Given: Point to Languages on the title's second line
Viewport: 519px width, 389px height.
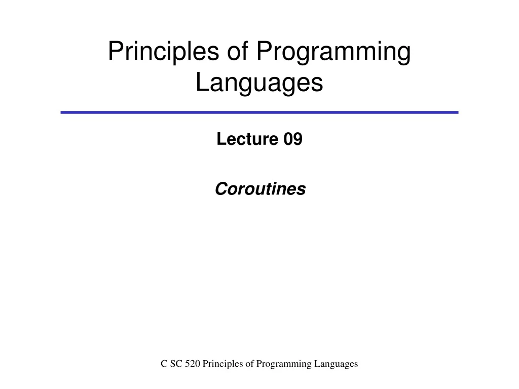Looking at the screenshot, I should (259, 83).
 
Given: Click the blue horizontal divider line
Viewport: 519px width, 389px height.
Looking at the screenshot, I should (259, 112).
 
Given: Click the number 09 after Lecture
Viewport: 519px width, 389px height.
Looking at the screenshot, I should (292, 139).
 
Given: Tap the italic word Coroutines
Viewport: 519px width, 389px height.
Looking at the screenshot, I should (260, 189).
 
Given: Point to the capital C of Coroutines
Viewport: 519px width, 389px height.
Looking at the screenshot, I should (220, 189).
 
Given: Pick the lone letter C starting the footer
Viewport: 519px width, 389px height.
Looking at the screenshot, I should (164, 364).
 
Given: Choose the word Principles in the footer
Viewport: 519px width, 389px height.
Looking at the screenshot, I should (220, 364).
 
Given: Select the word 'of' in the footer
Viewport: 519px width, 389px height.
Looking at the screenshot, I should (247, 364).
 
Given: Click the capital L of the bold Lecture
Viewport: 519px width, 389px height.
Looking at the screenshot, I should (220, 139).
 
